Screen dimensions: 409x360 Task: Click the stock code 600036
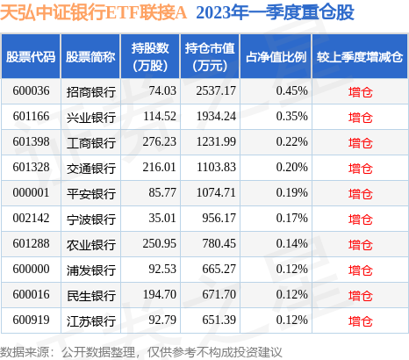click(31, 90)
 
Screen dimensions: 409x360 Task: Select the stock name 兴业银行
click(91, 118)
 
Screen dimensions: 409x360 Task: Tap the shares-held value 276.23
click(160, 141)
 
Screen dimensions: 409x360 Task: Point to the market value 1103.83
click(216, 167)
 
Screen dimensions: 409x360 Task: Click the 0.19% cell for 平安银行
click(292, 192)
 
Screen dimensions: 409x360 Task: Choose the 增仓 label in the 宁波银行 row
click(361, 220)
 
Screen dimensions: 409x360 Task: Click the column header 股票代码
click(31, 57)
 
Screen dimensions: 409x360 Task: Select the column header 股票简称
click(90, 57)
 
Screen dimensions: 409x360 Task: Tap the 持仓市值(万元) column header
click(210, 57)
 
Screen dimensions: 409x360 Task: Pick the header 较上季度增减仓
click(360, 57)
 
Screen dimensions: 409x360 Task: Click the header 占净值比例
click(276, 57)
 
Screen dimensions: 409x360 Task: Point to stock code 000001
click(31, 192)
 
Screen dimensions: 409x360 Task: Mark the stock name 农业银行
click(91, 245)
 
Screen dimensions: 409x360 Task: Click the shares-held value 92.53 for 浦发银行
click(162, 269)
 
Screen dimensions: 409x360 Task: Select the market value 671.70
click(219, 294)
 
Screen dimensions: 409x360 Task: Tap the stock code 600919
click(31, 320)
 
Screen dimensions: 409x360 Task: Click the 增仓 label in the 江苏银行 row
click(361, 321)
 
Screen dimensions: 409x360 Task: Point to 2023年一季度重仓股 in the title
click(275, 12)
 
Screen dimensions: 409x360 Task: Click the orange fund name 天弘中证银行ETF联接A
click(93, 12)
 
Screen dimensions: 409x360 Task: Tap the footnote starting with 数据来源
click(140, 352)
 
